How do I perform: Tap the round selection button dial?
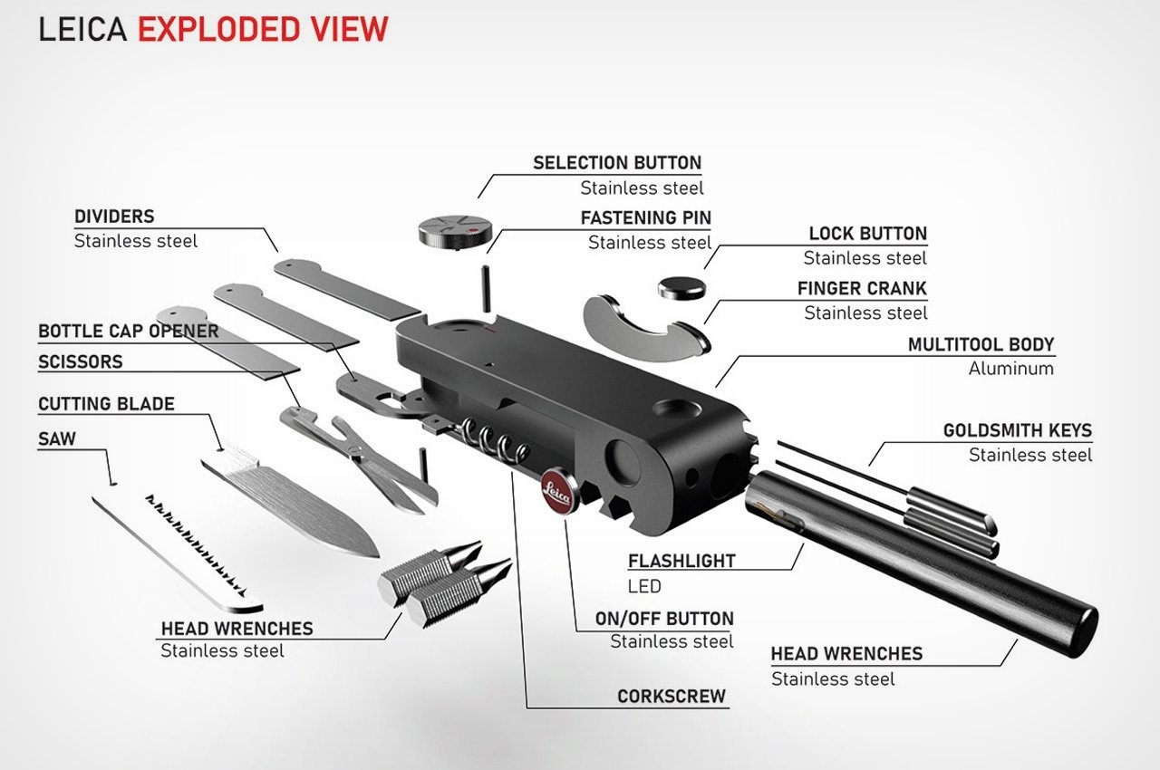pyautogui.click(x=449, y=228)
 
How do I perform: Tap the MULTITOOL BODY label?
pyautogui.click(x=981, y=345)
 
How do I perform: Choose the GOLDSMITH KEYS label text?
pyautogui.click(x=1017, y=430)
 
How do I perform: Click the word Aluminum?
pyautogui.click(x=1010, y=369)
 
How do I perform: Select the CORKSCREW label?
pyautogui.click(x=671, y=697)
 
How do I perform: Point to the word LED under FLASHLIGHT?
pyautogui.click(x=644, y=585)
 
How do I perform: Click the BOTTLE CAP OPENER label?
pyautogui.click(x=128, y=332)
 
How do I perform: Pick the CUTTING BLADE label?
pyautogui.click(x=106, y=404)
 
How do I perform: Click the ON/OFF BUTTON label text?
pyautogui.click(x=663, y=619)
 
